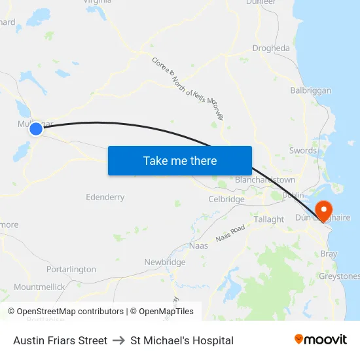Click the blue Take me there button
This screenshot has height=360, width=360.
180,160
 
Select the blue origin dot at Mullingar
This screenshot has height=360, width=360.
36,129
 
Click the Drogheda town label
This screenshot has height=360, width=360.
271,48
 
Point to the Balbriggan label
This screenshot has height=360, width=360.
311,90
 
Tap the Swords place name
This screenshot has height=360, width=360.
303,151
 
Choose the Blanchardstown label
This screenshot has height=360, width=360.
265,179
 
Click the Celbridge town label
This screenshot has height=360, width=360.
226,199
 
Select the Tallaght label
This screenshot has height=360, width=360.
269,219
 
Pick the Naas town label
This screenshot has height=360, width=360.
198,245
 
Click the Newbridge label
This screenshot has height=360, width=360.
165,262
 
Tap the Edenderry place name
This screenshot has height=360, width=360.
105,197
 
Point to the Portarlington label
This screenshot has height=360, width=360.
71,269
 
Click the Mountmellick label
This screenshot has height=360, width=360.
39,287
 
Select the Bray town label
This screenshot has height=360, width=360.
329,253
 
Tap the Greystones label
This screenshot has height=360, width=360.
339,276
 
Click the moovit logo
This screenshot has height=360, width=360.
321,340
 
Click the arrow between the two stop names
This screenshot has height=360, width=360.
119,340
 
